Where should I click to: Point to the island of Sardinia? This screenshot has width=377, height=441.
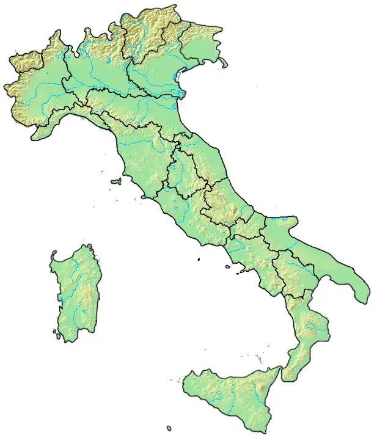[75, 293]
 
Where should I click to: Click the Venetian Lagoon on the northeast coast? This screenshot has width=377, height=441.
[179, 78]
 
